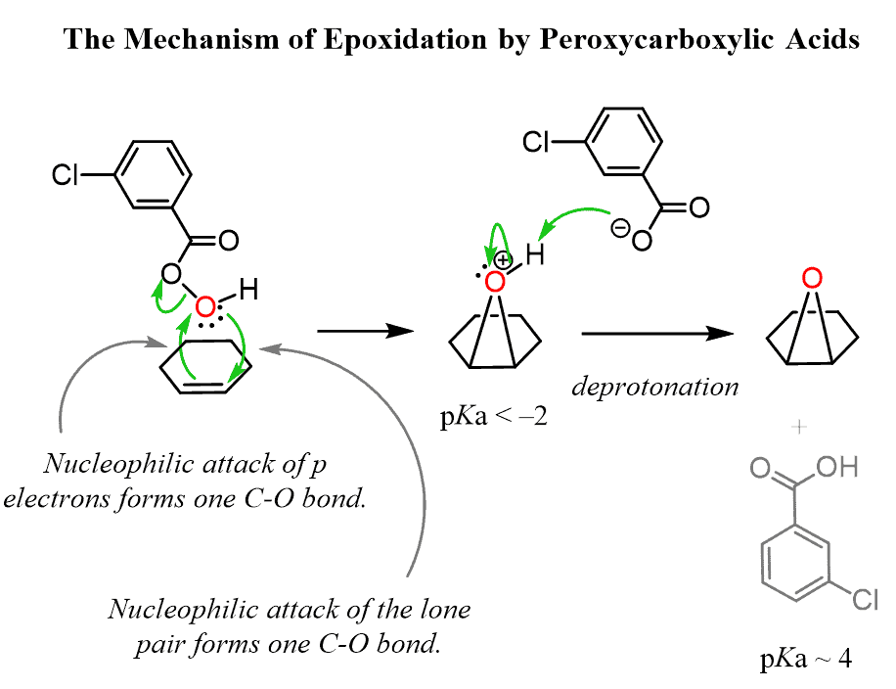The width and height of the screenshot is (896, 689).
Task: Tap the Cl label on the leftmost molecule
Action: (x=67, y=176)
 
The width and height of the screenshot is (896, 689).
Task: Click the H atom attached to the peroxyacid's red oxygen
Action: (x=248, y=290)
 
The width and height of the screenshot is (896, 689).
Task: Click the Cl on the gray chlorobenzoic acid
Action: (x=864, y=597)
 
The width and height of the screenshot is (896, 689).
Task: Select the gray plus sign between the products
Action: (x=801, y=427)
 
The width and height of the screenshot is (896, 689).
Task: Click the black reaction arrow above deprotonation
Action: (x=656, y=334)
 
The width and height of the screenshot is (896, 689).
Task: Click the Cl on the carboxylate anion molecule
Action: (x=537, y=144)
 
